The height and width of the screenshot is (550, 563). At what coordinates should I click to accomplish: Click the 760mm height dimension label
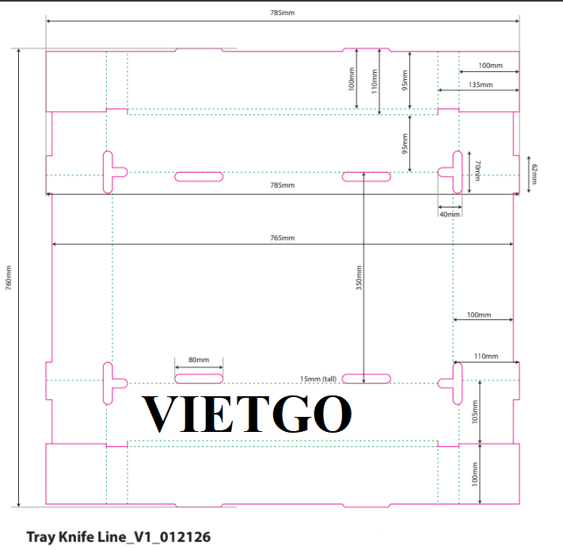point(9,277)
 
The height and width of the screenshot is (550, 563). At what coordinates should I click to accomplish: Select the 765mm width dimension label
point(282,238)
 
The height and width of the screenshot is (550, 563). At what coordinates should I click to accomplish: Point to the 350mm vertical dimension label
point(359,277)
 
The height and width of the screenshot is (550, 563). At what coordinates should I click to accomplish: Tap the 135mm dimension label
point(481,85)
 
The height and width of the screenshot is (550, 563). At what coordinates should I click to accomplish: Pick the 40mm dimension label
point(450,215)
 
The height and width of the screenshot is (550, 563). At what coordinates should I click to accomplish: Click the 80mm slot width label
point(199,360)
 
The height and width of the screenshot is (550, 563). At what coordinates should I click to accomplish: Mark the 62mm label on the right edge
point(534,174)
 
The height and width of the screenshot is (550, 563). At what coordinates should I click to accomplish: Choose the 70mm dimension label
point(477,170)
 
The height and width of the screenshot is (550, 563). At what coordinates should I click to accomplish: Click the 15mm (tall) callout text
point(318,379)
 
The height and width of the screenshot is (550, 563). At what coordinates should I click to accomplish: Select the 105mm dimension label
point(474,412)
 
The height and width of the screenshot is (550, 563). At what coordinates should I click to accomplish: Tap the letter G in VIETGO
point(291,414)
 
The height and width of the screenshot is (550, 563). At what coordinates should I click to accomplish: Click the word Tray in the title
point(41,538)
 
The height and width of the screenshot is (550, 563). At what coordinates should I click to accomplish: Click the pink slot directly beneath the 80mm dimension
point(199,379)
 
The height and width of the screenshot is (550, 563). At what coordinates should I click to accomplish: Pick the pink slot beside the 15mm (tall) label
point(367,379)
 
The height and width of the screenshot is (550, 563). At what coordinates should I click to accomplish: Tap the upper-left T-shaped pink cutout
point(108,173)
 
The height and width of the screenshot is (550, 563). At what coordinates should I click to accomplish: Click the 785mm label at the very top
point(282,13)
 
